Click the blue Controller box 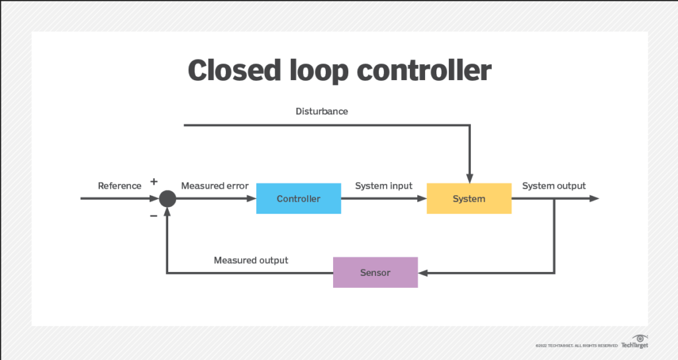pyautogui.click(x=299, y=199)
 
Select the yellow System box pyautogui.click(x=469, y=199)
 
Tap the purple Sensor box pyautogui.click(x=375, y=273)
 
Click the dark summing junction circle pyautogui.click(x=168, y=199)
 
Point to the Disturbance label pyautogui.click(x=322, y=111)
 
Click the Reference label pyautogui.click(x=120, y=186)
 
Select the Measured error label pyautogui.click(x=215, y=186)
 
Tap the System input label pyautogui.click(x=383, y=186)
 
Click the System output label pyautogui.click(x=554, y=186)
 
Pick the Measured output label pyautogui.click(x=251, y=260)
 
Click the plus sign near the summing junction pyautogui.click(x=154, y=181)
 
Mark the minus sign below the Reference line pyautogui.click(x=154, y=215)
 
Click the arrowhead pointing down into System pyautogui.click(x=469, y=177)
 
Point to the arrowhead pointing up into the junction pyautogui.click(x=168, y=212)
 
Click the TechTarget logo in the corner pyautogui.click(x=634, y=343)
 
